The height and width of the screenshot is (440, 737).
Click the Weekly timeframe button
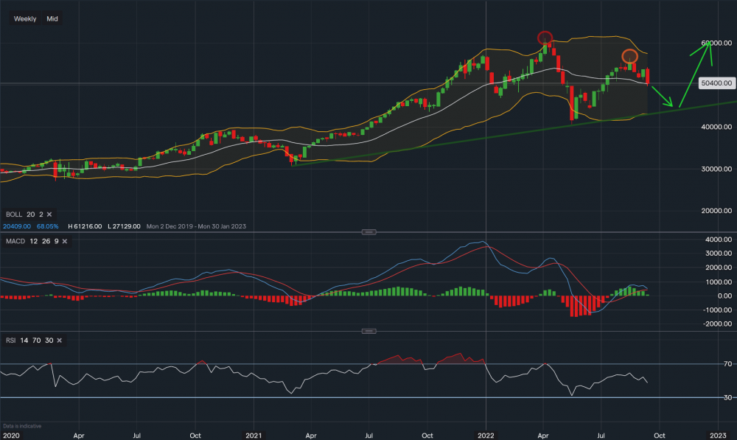pos(26,18)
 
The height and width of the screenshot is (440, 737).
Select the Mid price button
pos(52,18)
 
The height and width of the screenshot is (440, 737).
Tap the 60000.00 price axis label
pos(716,43)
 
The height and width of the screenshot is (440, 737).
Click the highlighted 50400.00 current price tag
pos(716,83)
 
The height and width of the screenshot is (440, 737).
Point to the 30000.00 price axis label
pos(716,169)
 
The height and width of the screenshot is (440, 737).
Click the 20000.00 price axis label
pos(716,211)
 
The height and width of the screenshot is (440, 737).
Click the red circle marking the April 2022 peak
pos(545,37)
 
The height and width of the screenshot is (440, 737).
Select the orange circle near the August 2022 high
pos(629,56)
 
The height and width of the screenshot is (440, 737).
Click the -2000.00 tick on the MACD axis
pos(716,324)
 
